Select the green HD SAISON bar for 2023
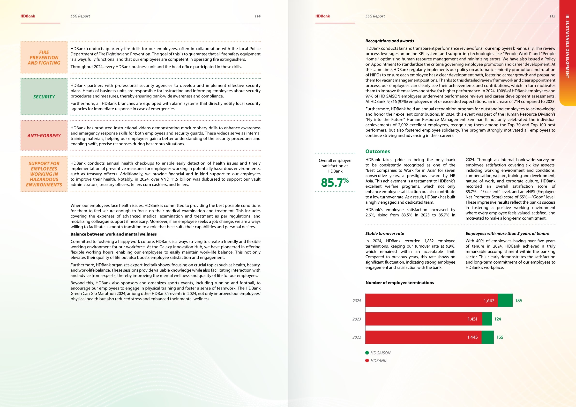[x=487, y=319]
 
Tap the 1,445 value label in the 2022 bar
[x=472, y=337]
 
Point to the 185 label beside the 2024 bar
[x=519, y=301]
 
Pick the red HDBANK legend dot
[x=367, y=361]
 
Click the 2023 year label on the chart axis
[x=357, y=319]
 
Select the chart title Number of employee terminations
[x=400, y=283]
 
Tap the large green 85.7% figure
[x=335, y=182]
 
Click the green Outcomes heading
[x=378, y=151]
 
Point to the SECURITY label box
[x=44, y=97]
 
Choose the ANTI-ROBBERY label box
[x=44, y=136]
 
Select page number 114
[x=257, y=16]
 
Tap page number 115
[x=552, y=16]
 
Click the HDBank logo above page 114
[x=28, y=16]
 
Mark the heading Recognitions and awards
[x=389, y=41]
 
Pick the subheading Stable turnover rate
[x=385, y=233]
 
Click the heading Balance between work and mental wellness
[x=113, y=234]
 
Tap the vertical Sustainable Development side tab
[x=567, y=46]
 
